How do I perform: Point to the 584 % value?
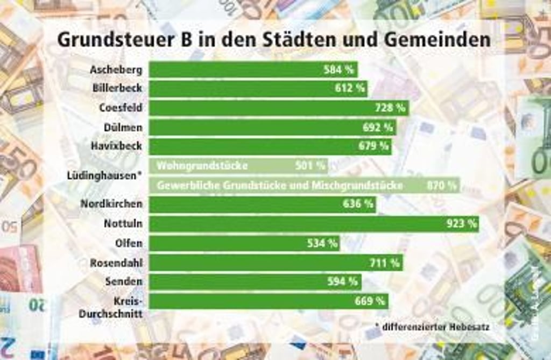[338, 69]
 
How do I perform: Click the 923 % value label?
[461, 224]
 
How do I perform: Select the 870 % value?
[441, 186]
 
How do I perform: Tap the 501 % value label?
[310, 166]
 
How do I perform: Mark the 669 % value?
[370, 301]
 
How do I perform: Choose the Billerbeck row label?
[117, 88]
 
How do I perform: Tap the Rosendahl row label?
[116, 263]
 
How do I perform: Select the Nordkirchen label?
[111, 204]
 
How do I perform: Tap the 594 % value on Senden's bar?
[342, 281]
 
